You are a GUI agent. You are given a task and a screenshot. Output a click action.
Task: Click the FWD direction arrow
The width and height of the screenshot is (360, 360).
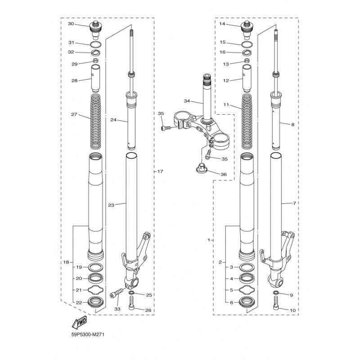[79, 322]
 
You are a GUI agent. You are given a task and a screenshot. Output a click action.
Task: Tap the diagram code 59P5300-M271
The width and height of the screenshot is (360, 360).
[88, 334]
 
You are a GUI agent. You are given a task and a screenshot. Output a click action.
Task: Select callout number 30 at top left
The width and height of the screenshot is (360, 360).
[71, 24]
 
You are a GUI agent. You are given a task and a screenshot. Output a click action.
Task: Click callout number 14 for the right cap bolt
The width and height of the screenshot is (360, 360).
[222, 24]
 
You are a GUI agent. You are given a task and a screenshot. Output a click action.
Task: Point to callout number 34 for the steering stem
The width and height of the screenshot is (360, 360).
[187, 101]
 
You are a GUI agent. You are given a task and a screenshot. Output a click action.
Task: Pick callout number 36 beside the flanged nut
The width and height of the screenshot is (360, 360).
[224, 174]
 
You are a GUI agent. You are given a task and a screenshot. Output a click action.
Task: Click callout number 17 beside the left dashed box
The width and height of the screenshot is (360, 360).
[160, 171]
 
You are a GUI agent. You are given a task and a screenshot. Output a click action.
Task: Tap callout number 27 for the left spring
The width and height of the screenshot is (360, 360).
[74, 114]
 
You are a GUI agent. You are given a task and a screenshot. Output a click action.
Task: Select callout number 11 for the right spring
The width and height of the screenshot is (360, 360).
[226, 105]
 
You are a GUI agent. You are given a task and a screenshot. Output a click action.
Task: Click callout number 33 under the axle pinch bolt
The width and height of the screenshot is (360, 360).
[117, 309]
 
